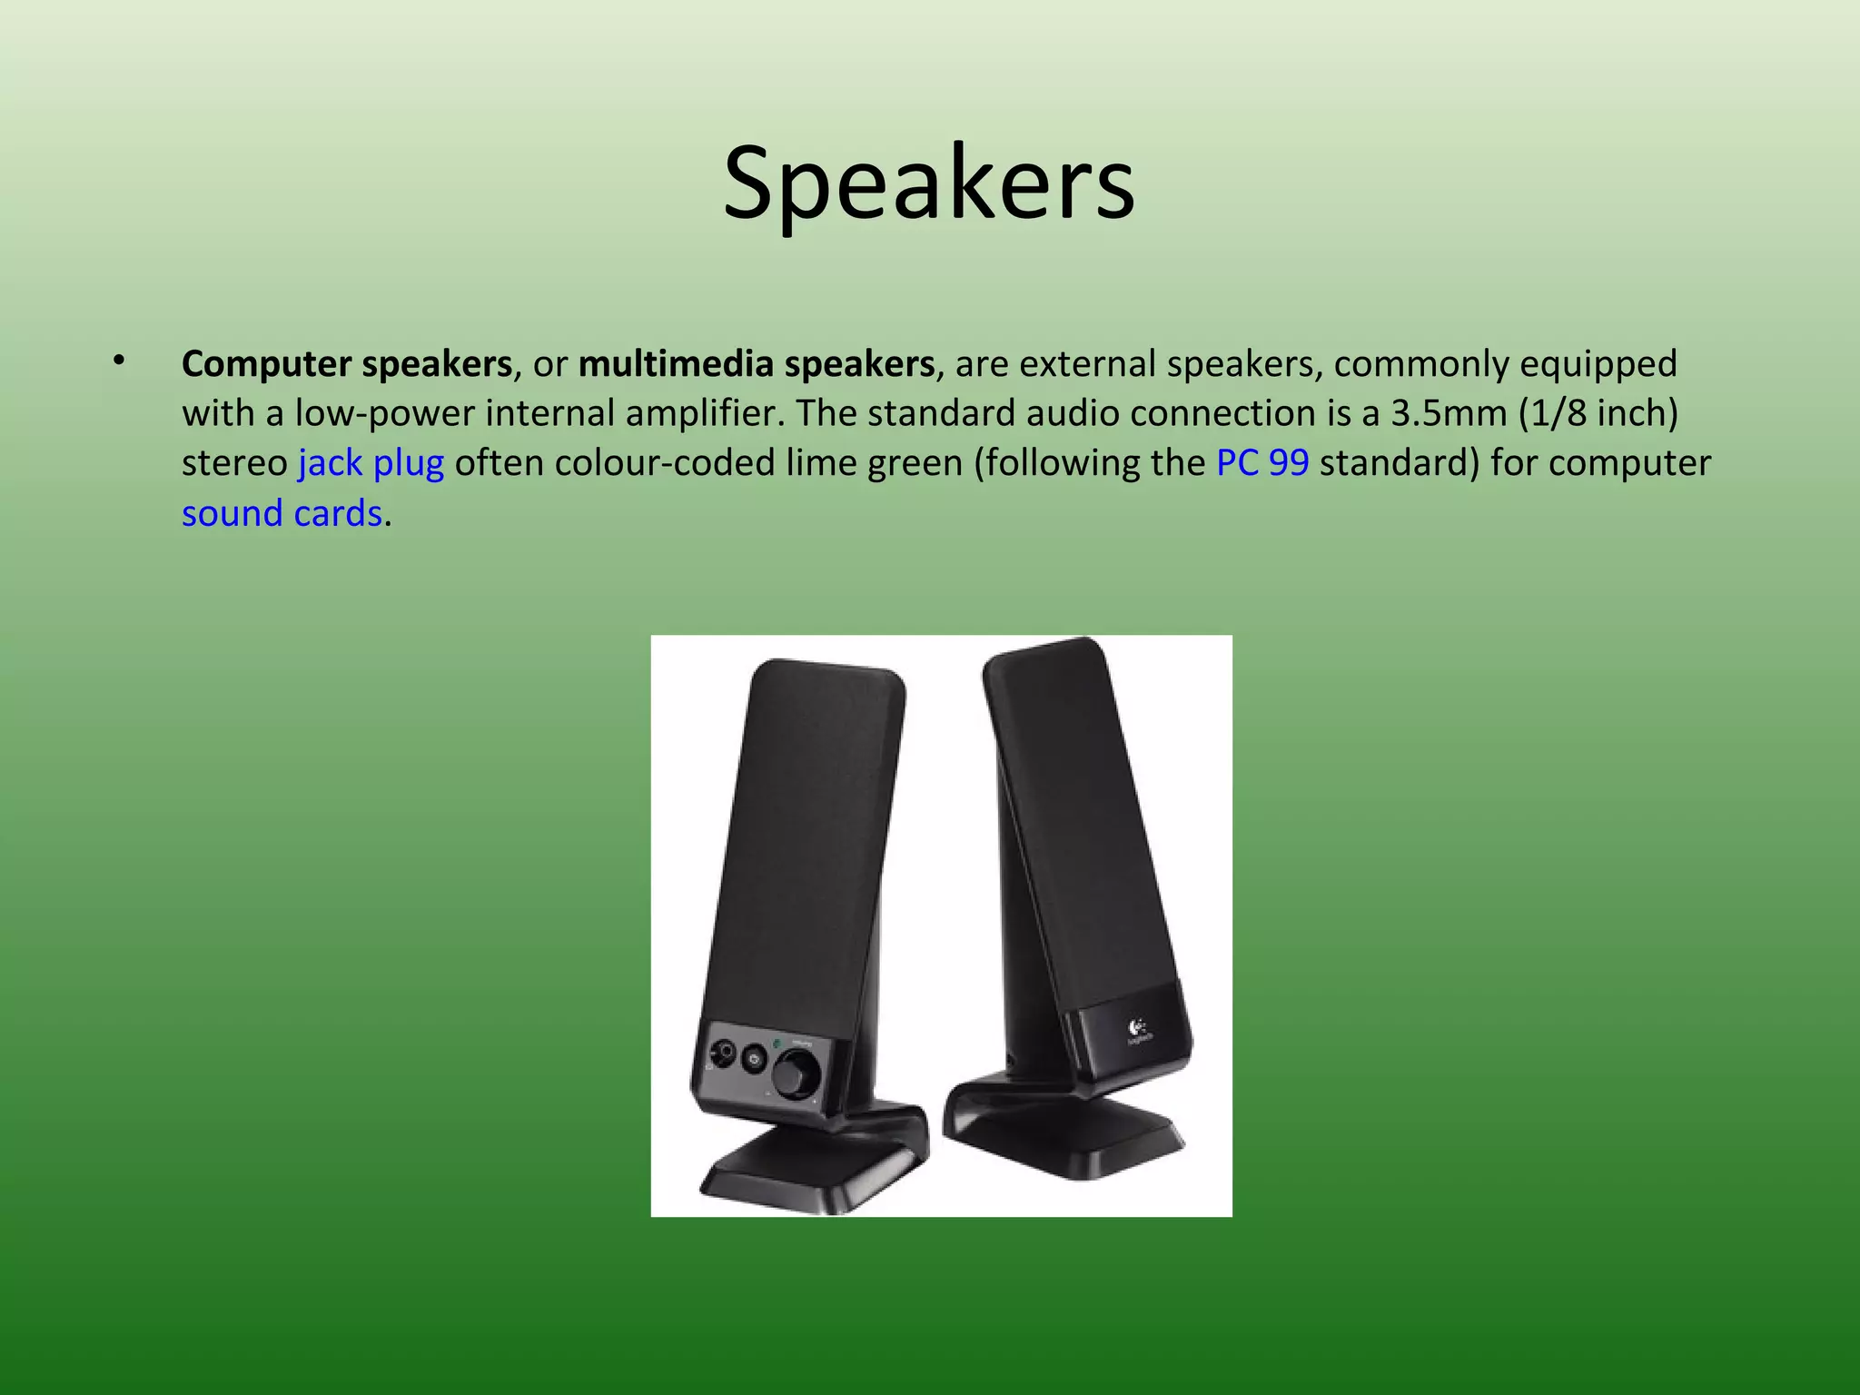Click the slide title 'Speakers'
[928, 184]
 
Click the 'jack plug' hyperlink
[371, 463]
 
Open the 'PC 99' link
[1262, 463]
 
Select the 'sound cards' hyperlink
[282, 513]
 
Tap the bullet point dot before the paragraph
[118, 362]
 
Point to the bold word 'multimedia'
[676, 364]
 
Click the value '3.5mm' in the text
[1449, 413]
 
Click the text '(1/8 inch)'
[1598, 413]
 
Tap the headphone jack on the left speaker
[722, 1054]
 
